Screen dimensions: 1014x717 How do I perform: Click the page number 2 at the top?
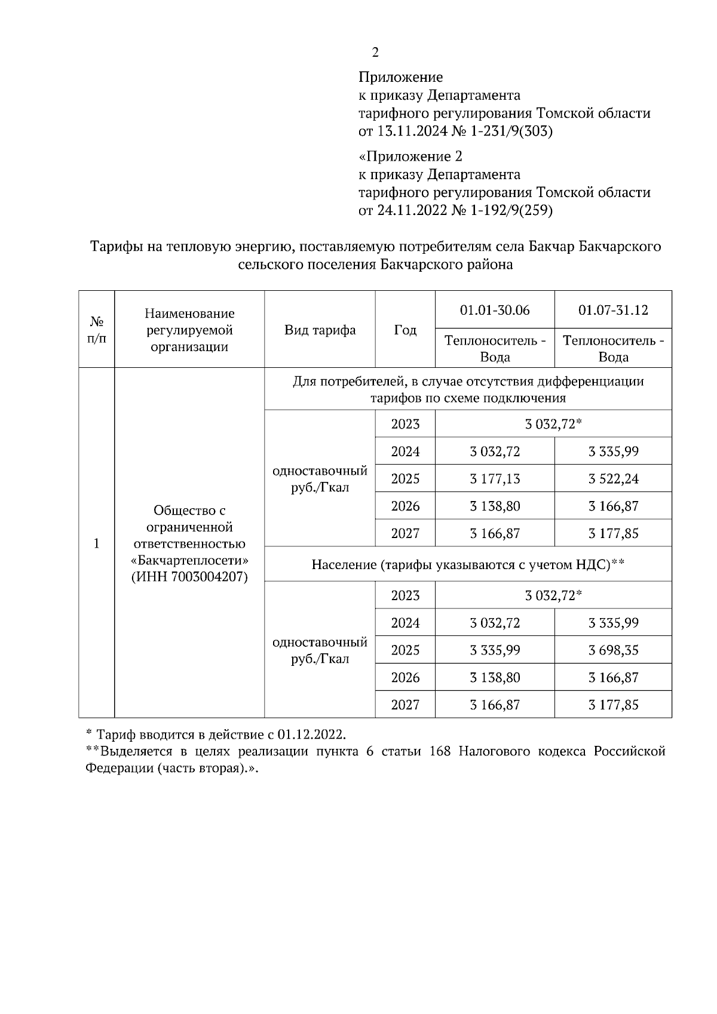(375, 53)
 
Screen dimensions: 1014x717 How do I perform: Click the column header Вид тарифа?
(320, 330)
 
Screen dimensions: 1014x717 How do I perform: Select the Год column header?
(405, 330)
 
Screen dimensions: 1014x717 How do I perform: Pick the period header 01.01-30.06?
(495, 311)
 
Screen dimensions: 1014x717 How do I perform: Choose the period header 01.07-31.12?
(613, 311)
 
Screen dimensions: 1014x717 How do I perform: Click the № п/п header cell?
(97, 330)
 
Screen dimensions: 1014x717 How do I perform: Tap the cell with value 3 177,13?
(495, 479)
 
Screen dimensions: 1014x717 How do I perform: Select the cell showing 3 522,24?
(613, 479)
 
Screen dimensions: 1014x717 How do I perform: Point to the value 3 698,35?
(613, 650)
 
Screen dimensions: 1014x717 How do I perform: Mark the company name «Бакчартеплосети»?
(189, 561)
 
